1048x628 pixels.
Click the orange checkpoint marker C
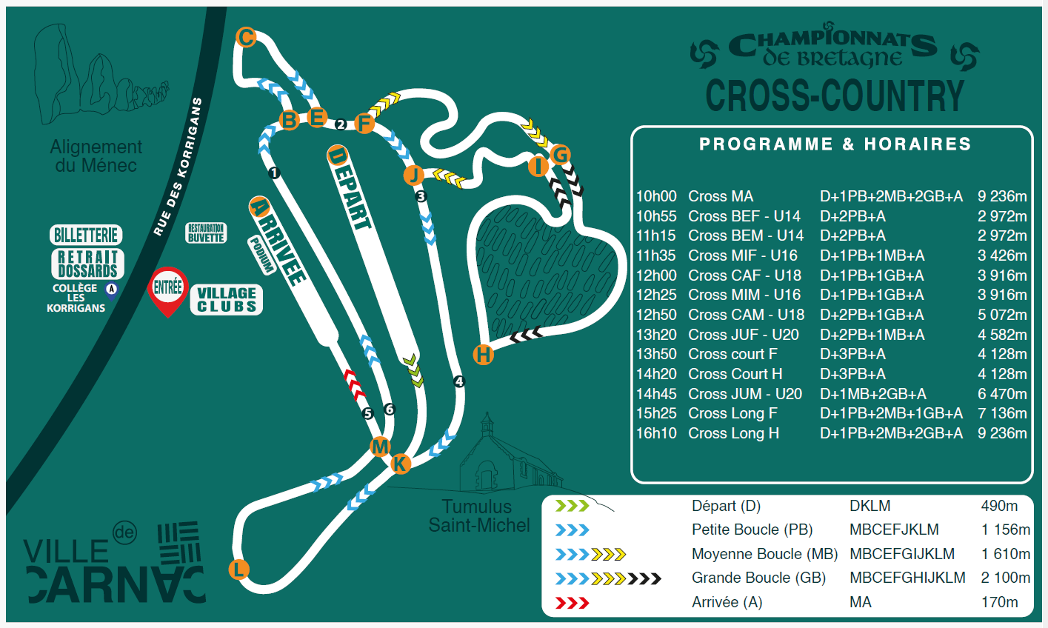pos(246,37)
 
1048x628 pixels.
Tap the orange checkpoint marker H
pos(483,355)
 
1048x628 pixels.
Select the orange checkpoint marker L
pos(238,569)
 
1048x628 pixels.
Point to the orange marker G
pos(561,155)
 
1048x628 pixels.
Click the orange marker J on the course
pos(414,175)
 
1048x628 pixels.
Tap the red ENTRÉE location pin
pos(168,289)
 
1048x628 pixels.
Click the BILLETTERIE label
pos(87,235)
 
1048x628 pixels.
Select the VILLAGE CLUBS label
pos(227,300)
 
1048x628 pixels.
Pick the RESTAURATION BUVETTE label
pos(206,233)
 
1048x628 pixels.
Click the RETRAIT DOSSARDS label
pos(87,264)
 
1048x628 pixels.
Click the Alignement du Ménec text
pos(96,156)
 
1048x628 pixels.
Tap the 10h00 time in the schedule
pos(656,196)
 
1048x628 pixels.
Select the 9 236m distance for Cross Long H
pos(1002,433)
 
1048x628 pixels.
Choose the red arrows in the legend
pos(572,603)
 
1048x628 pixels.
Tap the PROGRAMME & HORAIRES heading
pos(835,144)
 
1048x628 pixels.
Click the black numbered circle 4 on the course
pos(458,382)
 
